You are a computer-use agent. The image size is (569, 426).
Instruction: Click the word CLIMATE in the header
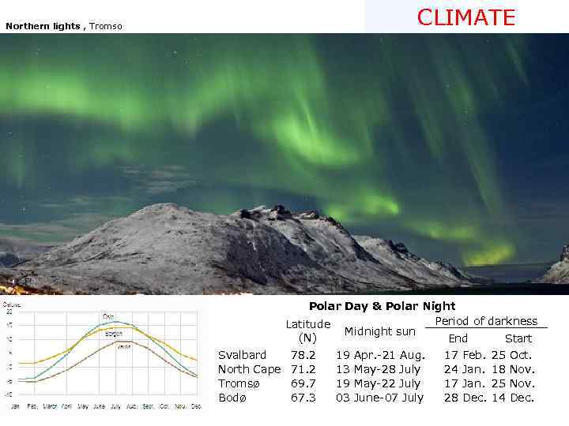[466, 17]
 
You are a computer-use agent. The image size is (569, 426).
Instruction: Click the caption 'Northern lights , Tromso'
[64, 26]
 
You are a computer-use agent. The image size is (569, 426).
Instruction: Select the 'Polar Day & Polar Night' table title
[382, 306]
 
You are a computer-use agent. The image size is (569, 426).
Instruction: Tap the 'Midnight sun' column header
[379, 331]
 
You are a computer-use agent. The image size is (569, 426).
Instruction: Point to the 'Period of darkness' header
[486, 321]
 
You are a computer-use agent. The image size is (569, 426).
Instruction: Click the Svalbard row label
[242, 355]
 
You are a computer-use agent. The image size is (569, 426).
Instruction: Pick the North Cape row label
[249, 369]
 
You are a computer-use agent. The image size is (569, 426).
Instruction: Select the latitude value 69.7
[303, 383]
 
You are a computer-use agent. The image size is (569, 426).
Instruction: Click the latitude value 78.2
[303, 355]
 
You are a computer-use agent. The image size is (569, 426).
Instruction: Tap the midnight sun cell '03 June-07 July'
[379, 398]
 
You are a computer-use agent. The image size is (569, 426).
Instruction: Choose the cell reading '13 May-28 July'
[379, 369]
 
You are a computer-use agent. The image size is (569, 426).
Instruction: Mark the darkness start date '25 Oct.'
[511, 355]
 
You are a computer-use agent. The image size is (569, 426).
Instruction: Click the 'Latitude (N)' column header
[307, 331]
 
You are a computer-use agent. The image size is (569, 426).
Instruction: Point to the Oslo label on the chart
[108, 316]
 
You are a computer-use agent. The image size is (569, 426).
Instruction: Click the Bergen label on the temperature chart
[114, 333]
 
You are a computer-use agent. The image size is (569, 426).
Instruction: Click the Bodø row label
[232, 398]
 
